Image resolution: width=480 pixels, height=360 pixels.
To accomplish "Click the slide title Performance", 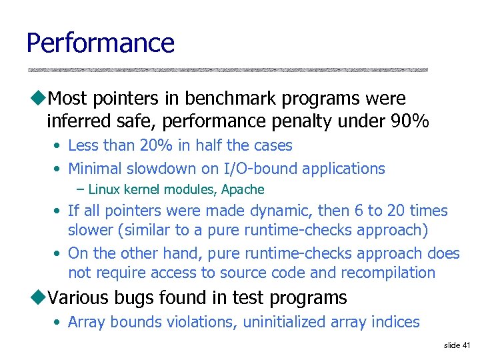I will pyautogui.click(x=100, y=43).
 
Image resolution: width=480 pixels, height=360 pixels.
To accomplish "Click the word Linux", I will pyautogui.click(x=103, y=190).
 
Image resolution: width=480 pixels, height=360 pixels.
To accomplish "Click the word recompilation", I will pyautogui.click(x=388, y=273).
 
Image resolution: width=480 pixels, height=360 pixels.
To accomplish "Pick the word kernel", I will pyautogui.click(x=144, y=190).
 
